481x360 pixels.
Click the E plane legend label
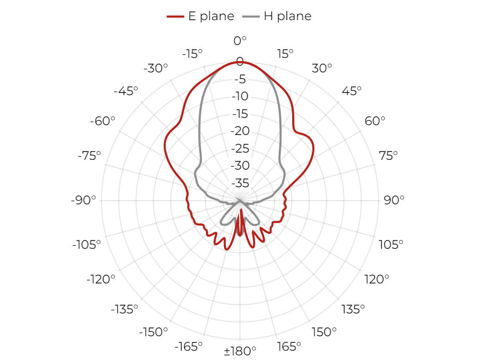211,16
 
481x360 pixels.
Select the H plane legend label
288,16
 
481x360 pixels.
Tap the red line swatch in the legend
175,17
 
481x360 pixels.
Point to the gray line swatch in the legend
251,17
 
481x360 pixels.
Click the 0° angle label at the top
240,41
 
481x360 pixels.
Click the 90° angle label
394,200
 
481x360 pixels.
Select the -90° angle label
83,200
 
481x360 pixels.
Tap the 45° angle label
352,91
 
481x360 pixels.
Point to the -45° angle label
126,91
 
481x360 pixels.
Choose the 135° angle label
353,309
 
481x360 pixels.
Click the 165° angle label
289,347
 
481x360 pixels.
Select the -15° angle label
192,54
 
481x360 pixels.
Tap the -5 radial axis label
240,80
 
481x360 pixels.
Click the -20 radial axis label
240,131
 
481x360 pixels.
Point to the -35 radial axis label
240,184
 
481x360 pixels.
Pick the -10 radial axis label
240,97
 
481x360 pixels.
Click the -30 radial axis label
240,166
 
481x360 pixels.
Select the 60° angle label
374,121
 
